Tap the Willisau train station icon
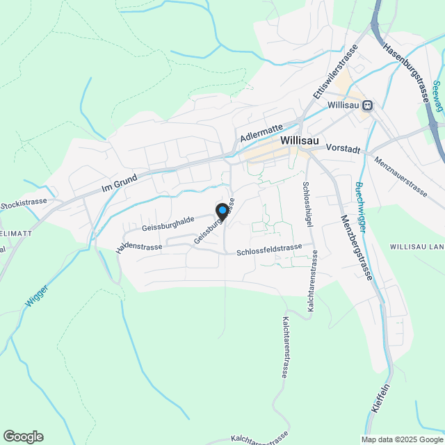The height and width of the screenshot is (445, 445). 367,106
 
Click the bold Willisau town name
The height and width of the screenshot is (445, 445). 300,140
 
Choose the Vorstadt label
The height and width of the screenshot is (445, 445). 343,149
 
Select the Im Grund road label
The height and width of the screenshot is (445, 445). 120,183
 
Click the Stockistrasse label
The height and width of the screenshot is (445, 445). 24,204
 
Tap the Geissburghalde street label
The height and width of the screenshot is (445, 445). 168,222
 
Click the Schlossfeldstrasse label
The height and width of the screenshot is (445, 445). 269,248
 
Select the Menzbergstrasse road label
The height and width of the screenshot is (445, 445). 357,246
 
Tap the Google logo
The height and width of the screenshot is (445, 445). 23,437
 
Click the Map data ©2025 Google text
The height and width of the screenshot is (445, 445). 402,439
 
